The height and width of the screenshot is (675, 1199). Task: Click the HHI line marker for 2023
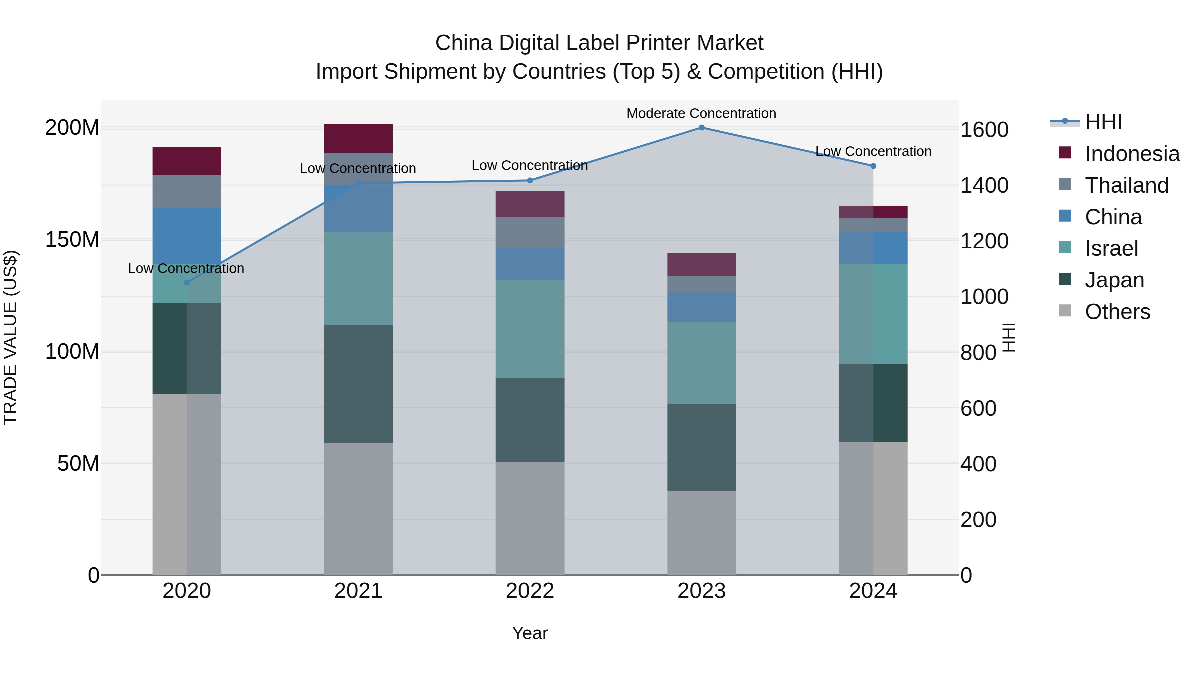701,128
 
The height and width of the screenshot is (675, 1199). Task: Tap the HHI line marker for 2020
187,283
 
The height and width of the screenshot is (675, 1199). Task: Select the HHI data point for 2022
530,181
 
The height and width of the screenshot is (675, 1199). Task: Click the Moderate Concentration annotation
701,113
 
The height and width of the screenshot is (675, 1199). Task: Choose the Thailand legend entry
1126,185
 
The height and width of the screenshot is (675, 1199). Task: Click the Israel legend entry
1111,248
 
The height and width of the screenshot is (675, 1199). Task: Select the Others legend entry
1117,312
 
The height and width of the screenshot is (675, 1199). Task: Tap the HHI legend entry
1103,122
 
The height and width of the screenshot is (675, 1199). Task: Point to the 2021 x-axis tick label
358,591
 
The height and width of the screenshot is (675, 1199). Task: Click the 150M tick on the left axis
72,240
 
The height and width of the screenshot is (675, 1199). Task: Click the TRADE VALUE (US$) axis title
11,337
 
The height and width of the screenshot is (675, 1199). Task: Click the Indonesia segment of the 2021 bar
358,138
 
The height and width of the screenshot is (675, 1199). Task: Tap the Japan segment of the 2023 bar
701,447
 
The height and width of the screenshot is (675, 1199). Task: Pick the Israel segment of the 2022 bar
530,329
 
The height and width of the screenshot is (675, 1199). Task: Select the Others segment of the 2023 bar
701,533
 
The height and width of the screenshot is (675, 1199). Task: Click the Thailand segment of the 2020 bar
187,191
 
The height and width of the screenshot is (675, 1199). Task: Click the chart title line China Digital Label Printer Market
599,43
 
